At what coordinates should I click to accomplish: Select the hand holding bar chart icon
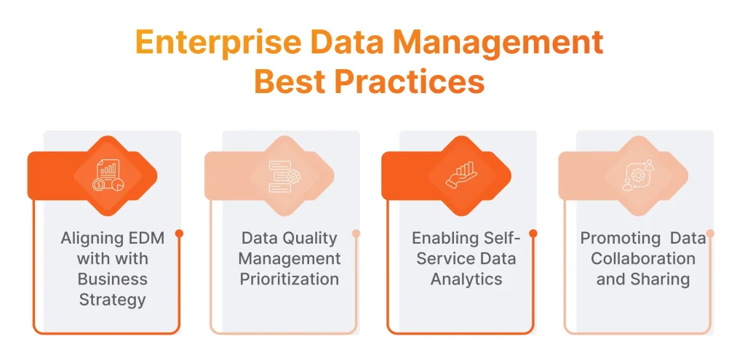tap(461, 175)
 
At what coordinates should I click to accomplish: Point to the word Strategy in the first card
tap(112, 299)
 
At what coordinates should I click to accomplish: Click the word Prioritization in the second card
tap(290, 279)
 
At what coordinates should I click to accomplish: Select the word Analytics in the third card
tap(466, 279)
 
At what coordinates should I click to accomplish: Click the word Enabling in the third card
tap(443, 238)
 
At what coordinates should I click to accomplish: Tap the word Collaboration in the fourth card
tap(643, 258)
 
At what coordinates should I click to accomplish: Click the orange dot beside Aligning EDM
tap(179, 233)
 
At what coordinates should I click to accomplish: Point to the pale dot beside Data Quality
tap(356, 233)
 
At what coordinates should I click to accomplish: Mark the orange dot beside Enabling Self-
tap(533, 233)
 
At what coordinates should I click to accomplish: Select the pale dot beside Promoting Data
tap(710, 233)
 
